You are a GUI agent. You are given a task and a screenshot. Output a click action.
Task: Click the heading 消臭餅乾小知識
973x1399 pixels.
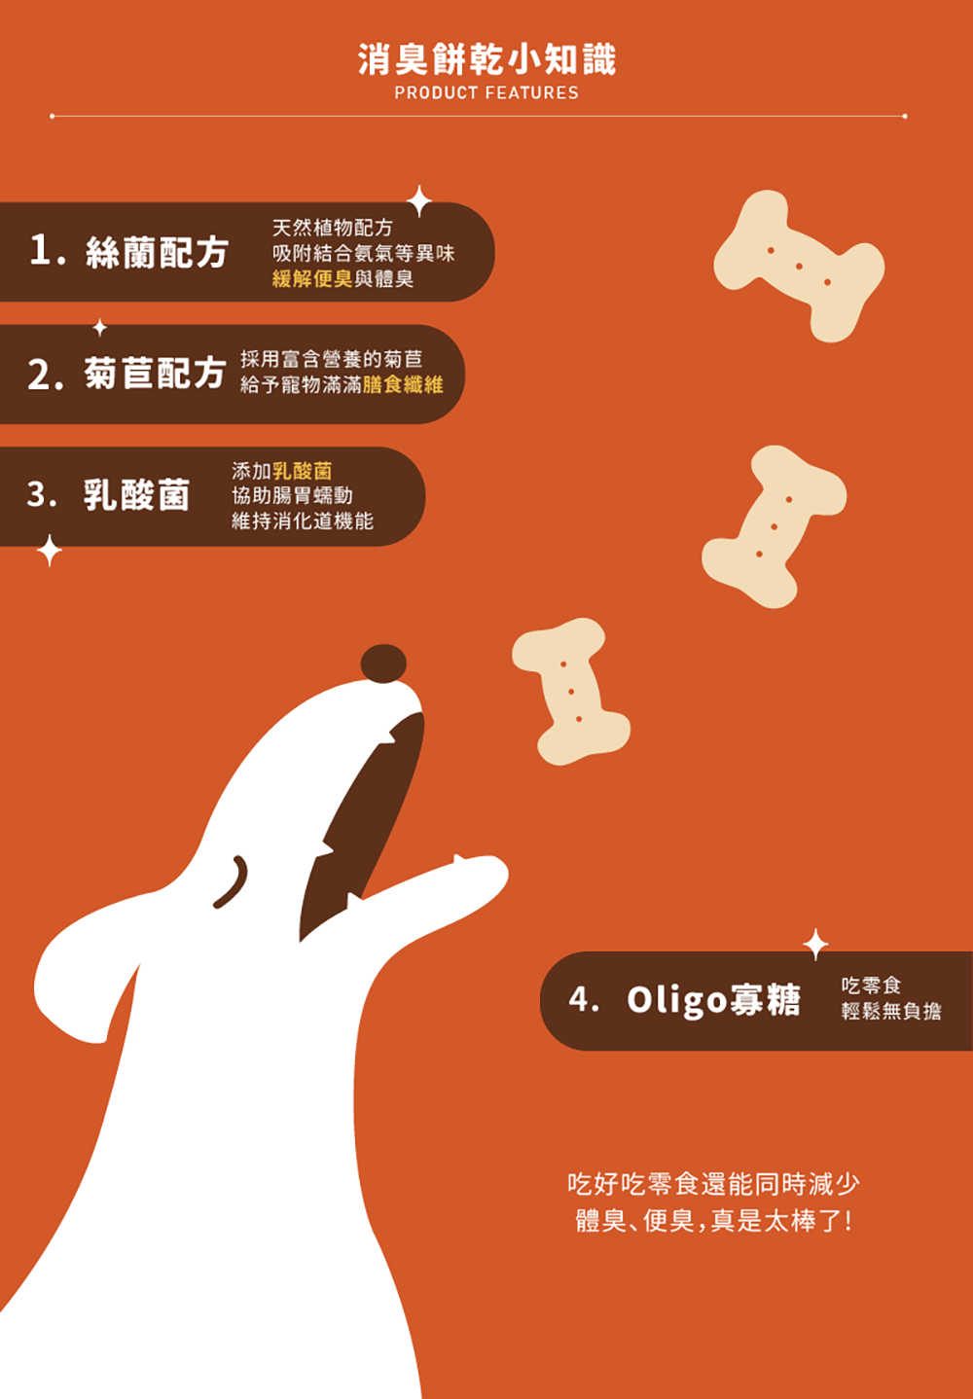486,59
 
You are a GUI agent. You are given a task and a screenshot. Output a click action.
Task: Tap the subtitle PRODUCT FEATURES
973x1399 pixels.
486,93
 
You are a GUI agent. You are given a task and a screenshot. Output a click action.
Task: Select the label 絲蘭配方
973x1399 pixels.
157,252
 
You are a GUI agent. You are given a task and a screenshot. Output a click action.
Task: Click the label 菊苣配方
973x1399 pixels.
155,373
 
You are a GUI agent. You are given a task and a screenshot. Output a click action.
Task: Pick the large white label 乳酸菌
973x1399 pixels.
137,494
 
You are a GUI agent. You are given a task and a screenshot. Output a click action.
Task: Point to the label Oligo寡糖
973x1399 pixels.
713,999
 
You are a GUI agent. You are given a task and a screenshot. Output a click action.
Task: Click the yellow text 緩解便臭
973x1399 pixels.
312,278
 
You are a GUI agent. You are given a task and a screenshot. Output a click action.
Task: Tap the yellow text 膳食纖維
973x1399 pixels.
403,384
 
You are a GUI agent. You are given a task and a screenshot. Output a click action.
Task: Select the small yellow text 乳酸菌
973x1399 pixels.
303,470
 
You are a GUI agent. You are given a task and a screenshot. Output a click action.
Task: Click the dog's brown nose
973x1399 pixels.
383,664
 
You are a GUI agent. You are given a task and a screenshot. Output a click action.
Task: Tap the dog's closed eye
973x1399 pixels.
232,881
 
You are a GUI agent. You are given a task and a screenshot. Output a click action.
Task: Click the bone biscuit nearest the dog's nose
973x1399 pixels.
571,692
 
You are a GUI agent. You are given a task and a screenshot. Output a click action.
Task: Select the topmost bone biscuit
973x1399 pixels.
800,266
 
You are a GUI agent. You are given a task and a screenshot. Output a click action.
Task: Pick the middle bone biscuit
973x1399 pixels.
775,526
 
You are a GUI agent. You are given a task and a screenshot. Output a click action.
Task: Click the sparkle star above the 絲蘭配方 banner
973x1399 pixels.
419,201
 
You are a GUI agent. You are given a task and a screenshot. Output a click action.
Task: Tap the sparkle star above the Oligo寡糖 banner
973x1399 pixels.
815,945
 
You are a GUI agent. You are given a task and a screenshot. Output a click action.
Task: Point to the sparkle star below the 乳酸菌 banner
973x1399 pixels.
50,551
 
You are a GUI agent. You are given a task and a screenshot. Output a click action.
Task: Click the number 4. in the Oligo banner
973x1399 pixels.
584,999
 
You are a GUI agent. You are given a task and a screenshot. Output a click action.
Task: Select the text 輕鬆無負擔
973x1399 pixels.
891,1011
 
